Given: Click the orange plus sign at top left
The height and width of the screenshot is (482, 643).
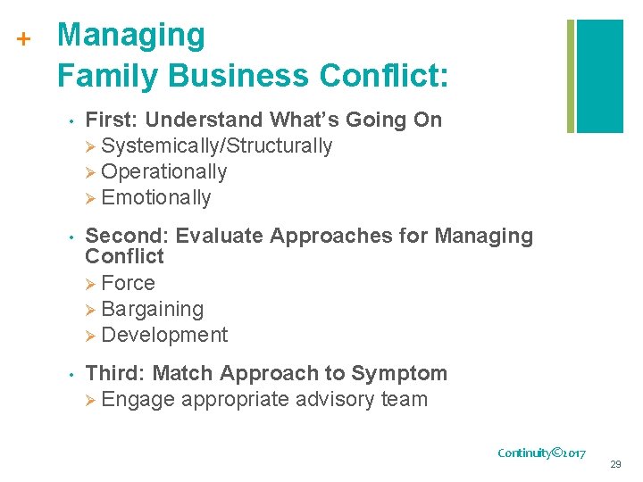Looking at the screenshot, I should click(24, 39).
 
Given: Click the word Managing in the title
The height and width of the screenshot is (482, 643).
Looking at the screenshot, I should click(130, 36).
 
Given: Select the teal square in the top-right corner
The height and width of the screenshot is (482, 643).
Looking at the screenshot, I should click(600, 76).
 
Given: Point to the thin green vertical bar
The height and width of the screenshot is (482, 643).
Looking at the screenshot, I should click(570, 76).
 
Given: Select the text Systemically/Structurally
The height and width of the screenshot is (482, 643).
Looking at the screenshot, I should click(217, 145).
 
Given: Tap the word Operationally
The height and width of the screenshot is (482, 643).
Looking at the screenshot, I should click(164, 171).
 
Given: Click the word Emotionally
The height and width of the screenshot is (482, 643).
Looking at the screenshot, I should click(156, 197).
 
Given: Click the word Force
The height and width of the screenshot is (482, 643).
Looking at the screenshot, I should click(129, 283).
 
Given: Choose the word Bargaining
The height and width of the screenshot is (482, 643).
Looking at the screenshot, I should click(153, 309).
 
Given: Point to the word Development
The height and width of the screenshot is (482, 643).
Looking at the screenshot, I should click(164, 335).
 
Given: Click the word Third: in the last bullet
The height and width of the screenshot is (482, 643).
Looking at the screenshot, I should click(114, 373).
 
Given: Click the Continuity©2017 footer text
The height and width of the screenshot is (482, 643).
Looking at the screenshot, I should click(541, 453).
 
